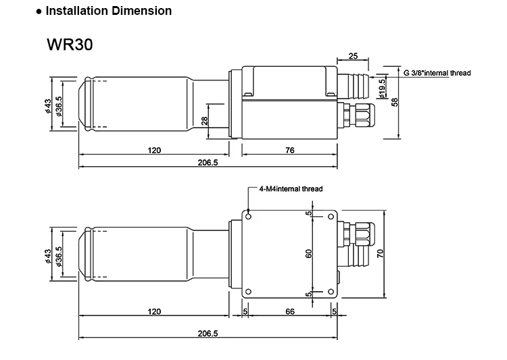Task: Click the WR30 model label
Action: [x=70, y=45]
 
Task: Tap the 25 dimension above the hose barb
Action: [x=353, y=56]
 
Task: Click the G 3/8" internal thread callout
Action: [x=437, y=72]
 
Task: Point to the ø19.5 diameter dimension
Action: [x=383, y=89]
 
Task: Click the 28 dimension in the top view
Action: [x=204, y=122]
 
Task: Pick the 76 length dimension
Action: [x=289, y=151]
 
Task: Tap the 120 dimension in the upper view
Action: [x=154, y=151]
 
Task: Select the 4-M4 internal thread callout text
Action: [x=291, y=189]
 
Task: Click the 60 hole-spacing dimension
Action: [x=309, y=254]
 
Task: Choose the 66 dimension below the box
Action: [x=290, y=311]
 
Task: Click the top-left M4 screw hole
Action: [x=249, y=216]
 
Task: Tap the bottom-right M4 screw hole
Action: [x=331, y=292]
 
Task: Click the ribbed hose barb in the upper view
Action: [x=354, y=84]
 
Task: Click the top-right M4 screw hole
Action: [x=331, y=216]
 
